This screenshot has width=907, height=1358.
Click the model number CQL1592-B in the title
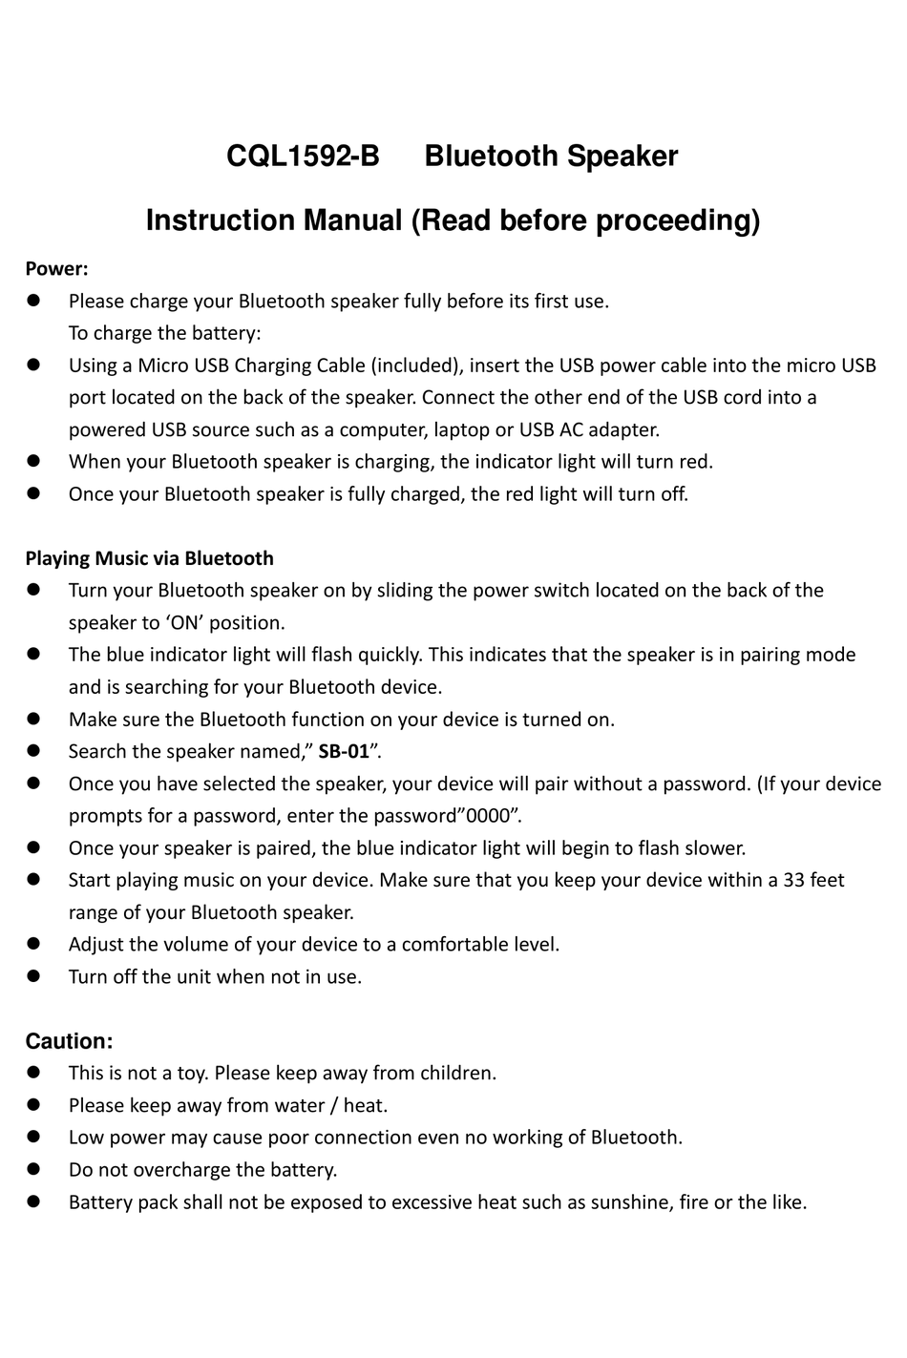(303, 156)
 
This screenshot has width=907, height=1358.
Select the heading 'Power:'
(56, 269)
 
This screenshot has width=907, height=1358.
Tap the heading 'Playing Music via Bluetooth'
(149, 558)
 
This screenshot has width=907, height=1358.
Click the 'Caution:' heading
(69, 1040)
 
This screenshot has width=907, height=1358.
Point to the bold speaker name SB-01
(344, 751)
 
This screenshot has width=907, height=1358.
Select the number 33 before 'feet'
(793, 880)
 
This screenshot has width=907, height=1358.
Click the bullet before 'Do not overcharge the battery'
(32, 1169)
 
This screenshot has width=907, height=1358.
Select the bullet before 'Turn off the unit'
(32, 976)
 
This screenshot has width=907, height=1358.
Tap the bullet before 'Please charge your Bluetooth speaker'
(32, 302)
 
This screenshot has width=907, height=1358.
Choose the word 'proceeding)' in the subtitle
(678, 220)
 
